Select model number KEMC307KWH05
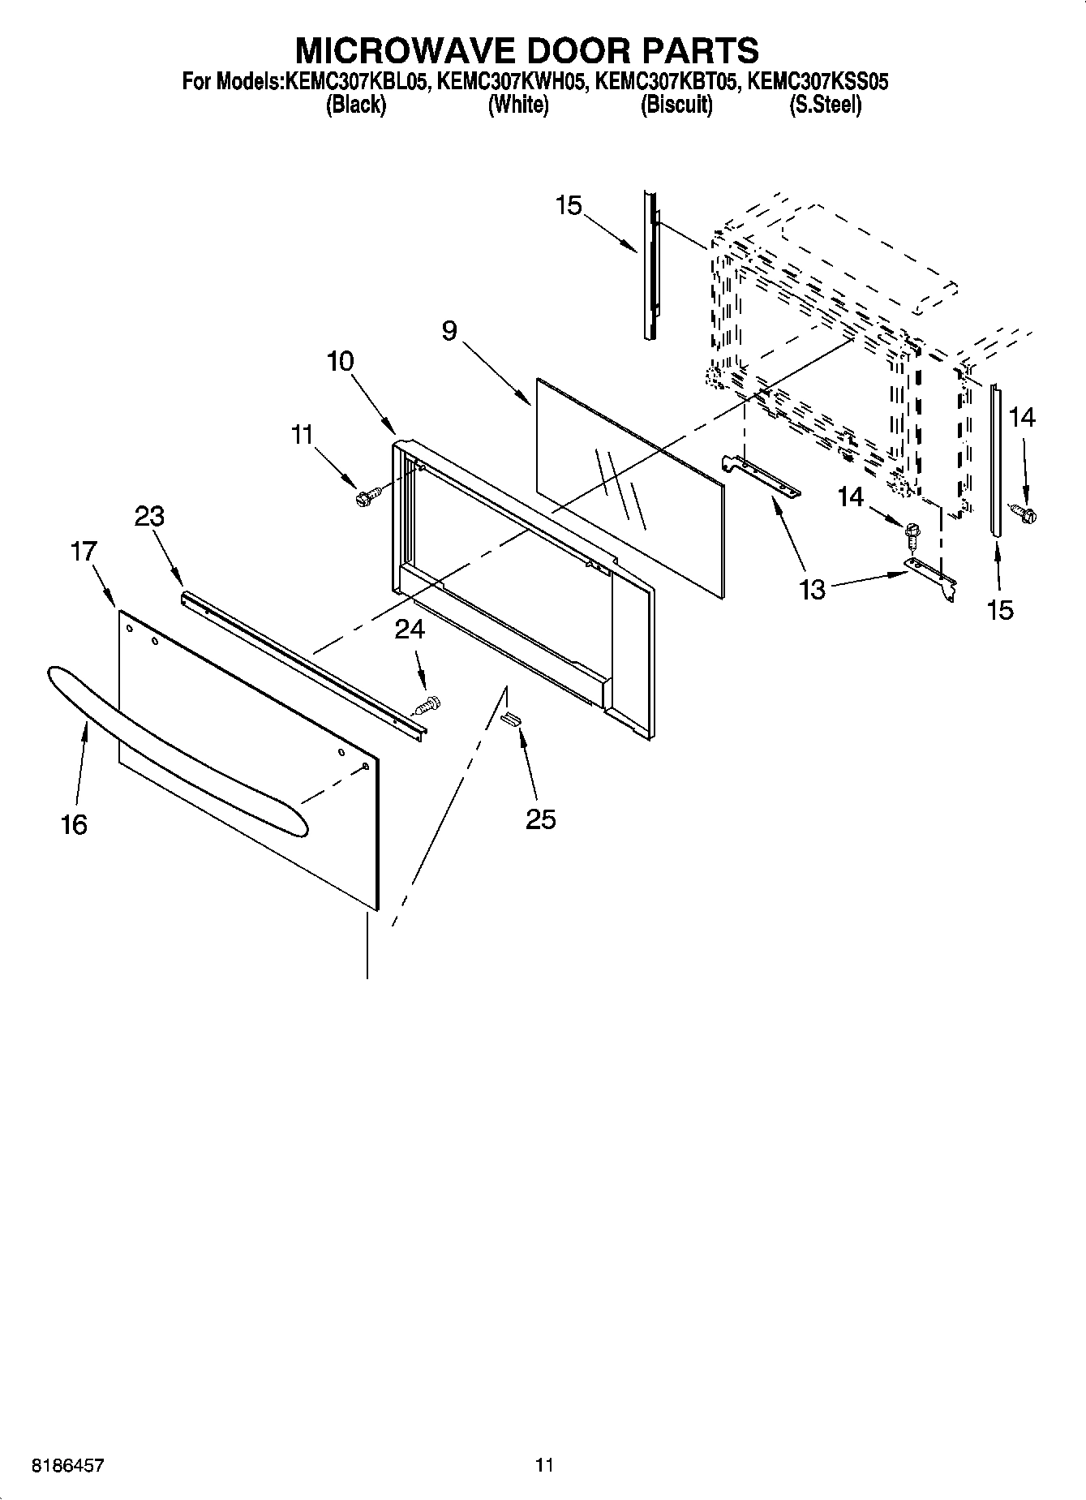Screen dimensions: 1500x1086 (x=510, y=82)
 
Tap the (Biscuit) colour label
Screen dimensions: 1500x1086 (x=676, y=105)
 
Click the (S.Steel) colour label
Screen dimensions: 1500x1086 (x=825, y=105)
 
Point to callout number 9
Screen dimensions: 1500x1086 (x=449, y=331)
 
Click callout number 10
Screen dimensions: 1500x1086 (x=341, y=361)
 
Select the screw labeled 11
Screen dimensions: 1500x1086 (x=363, y=496)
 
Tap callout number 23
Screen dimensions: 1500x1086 (x=150, y=516)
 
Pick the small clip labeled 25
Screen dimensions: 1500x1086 (x=511, y=718)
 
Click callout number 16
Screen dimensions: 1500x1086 (x=74, y=825)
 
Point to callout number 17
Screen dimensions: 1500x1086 (x=84, y=552)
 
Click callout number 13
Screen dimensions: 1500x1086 (x=812, y=590)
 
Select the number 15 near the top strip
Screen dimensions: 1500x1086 (x=569, y=206)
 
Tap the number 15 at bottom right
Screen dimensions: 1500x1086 (x=1000, y=610)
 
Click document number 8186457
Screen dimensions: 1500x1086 (x=67, y=1465)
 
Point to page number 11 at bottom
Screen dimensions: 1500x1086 (x=543, y=1465)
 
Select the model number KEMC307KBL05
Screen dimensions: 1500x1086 (x=355, y=82)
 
